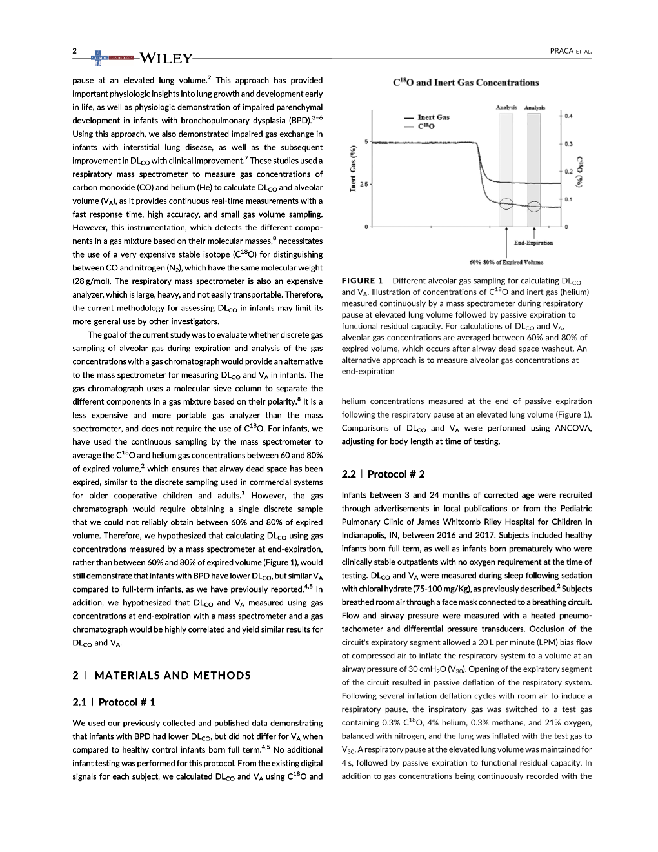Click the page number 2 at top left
[75, 51]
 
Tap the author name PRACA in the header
[562, 51]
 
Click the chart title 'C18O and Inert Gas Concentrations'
[466, 83]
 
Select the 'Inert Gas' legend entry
[433, 117]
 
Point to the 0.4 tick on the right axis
[568, 116]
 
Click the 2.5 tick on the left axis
[364, 185]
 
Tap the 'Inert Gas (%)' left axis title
[353, 168]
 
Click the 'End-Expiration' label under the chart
[533, 243]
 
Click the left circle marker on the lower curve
[506, 204]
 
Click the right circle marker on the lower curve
[533, 207]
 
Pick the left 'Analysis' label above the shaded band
[506, 107]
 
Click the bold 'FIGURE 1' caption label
[362, 281]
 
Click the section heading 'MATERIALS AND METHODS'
[172, 675]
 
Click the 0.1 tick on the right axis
[568, 199]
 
